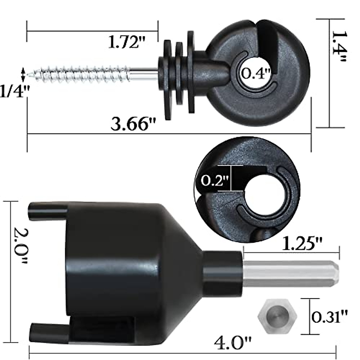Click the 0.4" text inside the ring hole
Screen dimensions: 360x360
(256, 73)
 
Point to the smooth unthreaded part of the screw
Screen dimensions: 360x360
(144, 73)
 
